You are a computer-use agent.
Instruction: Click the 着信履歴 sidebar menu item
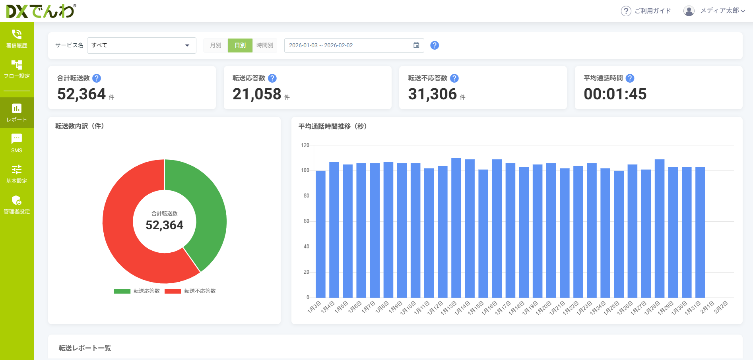17,39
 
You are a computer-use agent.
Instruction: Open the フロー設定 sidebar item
17,69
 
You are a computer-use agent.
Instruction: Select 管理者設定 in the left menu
17,205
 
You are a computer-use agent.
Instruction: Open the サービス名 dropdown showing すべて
141,45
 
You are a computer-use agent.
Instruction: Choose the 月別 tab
215,45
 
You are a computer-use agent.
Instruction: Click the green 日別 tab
240,45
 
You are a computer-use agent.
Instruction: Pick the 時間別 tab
265,45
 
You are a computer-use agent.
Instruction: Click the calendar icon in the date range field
416,45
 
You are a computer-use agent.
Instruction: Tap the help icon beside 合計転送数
97,78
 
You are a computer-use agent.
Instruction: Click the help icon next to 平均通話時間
630,78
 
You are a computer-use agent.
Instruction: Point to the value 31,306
433,94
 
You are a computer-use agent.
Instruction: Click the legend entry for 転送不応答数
191,291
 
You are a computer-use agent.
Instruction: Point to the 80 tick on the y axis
306,196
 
